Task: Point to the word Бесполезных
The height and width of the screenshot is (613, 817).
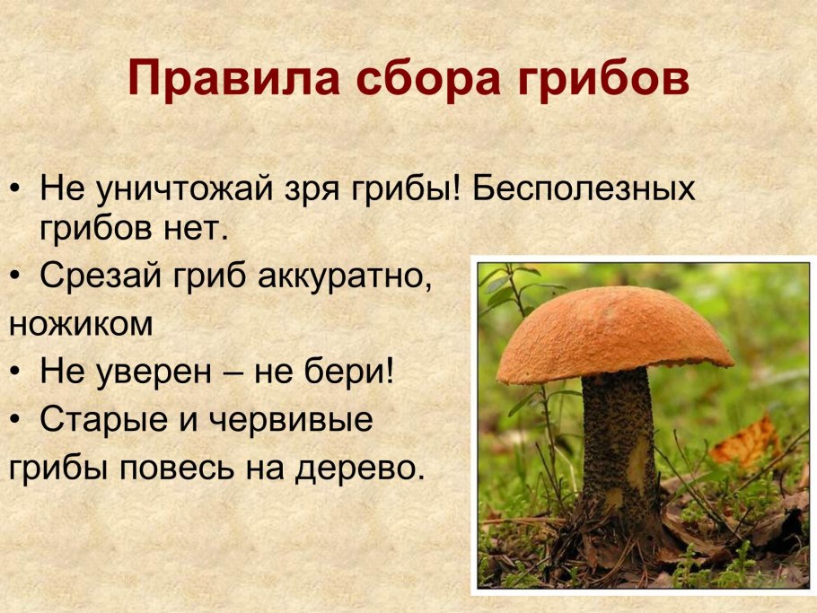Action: (584, 190)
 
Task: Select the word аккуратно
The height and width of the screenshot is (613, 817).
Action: (344, 277)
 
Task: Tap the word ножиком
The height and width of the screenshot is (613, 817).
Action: (81, 324)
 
